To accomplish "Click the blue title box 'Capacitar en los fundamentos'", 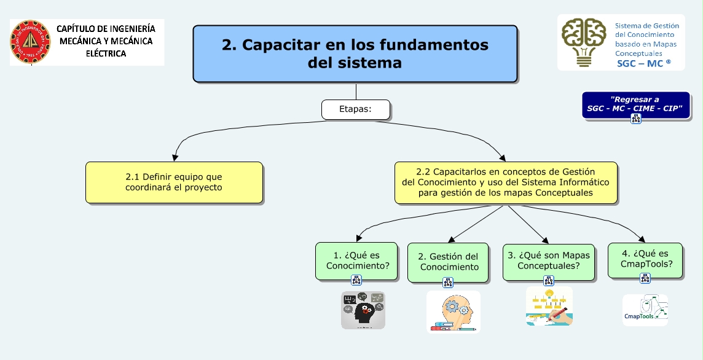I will click(x=355, y=53).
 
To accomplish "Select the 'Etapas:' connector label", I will click(x=355, y=109).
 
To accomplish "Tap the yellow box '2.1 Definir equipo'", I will click(x=174, y=182).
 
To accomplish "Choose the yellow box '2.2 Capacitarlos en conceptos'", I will click(x=505, y=182).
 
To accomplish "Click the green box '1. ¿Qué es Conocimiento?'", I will click(x=357, y=260).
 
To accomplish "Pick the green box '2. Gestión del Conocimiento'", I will click(x=449, y=262).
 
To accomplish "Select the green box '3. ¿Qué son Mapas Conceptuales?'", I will click(x=548, y=260).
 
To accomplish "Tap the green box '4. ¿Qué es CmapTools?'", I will click(x=645, y=260).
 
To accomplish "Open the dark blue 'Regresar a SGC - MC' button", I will click(x=635, y=104).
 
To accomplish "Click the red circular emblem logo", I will click(x=30, y=42).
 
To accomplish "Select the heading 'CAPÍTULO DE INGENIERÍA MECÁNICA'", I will click(x=106, y=41).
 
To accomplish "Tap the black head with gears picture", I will click(x=363, y=310).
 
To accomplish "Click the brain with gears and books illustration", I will click(x=453, y=311).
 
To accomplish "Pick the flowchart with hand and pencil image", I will click(x=549, y=306).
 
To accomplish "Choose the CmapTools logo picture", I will click(x=645, y=310).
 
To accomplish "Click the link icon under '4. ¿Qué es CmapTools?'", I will click(x=645, y=278).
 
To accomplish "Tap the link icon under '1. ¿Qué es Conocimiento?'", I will click(x=356, y=280).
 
